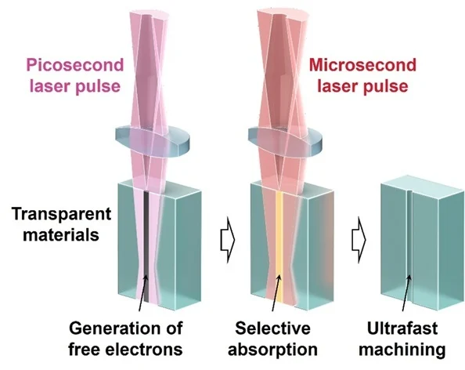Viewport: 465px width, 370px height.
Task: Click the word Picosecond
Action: tap(75, 65)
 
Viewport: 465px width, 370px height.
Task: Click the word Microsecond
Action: tap(362, 65)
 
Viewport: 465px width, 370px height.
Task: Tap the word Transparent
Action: tap(61, 215)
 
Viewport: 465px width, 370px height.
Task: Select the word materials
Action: tap(61, 235)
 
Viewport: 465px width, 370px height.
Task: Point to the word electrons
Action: tap(144, 349)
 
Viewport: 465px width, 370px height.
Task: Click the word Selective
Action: tap(272, 328)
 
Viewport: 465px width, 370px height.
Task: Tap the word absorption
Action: tap(272, 350)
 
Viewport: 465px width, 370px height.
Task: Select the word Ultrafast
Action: tap(402, 328)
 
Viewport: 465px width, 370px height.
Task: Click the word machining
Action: tap(402, 350)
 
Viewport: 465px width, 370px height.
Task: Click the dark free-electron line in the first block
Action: tap(146, 246)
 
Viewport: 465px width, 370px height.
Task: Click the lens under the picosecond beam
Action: tap(152, 142)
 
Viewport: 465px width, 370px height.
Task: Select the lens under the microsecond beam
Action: tap(285, 142)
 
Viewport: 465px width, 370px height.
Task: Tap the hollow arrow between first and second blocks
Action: tap(228, 240)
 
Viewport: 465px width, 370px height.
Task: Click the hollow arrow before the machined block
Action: tap(359, 240)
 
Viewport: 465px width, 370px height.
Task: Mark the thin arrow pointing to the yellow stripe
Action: tap(276, 292)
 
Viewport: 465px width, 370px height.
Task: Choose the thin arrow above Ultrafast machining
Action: tap(406, 292)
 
